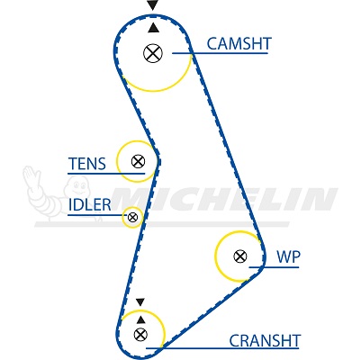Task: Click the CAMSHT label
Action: [x=239, y=44]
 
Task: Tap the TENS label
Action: [x=87, y=164]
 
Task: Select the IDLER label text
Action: [x=90, y=205]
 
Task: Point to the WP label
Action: [x=288, y=256]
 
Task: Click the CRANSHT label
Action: [x=265, y=341]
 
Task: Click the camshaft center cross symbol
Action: [x=153, y=53]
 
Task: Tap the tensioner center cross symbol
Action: [x=138, y=162]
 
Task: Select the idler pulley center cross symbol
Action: [x=132, y=217]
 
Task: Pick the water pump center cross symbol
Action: [x=240, y=256]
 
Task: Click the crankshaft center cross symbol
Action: [x=140, y=334]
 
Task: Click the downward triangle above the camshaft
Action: [x=153, y=5]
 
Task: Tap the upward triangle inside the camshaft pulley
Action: [x=153, y=28]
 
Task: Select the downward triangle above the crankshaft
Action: [x=140, y=301]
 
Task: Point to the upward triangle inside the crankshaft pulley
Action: [x=140, y=319]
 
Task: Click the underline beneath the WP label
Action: [x=274, y=267]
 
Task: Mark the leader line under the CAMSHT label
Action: [x=220, y=53]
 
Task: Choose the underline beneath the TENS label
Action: [x=106, y=174]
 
